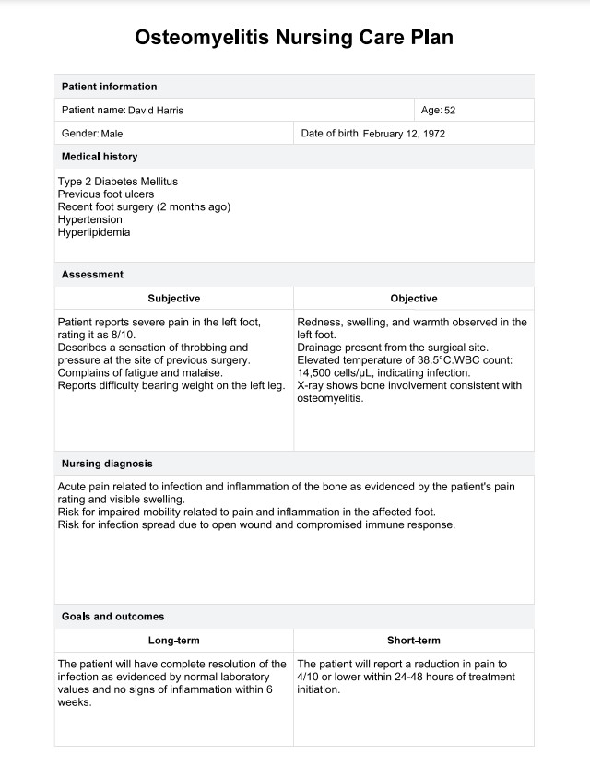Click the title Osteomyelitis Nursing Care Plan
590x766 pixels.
point(294,38)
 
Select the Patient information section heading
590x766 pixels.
point(109,87)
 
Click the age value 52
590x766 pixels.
point(450,111)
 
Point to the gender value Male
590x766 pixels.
point(112,134)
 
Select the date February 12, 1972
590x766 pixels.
point(405,134)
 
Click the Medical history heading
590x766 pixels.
point(100,157)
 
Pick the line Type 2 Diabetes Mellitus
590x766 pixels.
point(118,182)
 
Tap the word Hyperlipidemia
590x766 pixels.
point(94,232)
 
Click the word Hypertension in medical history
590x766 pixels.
point(89,220)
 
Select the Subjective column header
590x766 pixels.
point(173,299)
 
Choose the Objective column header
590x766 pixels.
point(414,299)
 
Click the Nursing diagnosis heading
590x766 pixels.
point(107,464)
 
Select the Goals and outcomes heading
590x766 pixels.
point(112,617)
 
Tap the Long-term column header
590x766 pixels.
point(173,641)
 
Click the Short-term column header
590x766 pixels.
point(414,641)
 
